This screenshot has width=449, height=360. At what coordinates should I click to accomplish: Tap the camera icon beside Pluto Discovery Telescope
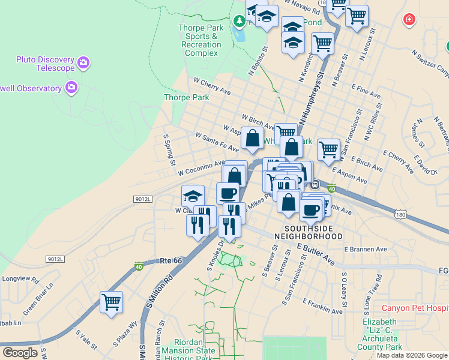(83, 62)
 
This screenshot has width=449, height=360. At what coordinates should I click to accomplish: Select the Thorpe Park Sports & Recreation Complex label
(201, 40)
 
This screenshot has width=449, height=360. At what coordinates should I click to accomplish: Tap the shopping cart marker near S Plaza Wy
(111, 302)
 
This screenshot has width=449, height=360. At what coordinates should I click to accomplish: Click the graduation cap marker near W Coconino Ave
(193, 196)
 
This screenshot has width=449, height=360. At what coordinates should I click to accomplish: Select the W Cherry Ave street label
(212, 86)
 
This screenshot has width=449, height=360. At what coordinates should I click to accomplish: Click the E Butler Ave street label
(316, 254)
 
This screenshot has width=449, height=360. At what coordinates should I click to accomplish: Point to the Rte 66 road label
(170, 261)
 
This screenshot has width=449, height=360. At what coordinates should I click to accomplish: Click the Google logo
(20, 353)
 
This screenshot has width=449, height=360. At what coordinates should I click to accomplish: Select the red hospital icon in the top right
(409, 20)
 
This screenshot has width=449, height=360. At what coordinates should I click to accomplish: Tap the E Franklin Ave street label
(322, 306)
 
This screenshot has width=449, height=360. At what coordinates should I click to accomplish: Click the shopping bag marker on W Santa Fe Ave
(253, 138)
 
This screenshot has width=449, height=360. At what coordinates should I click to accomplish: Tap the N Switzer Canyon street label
(430, 62)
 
